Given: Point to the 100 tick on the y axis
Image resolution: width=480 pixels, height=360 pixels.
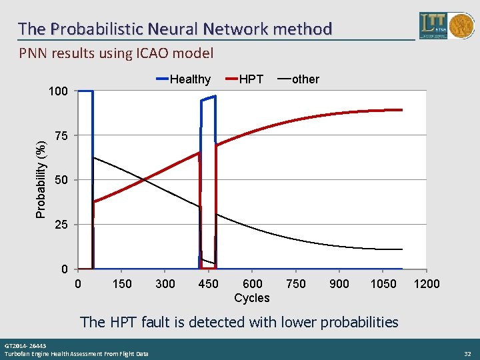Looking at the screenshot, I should (x=59, y=91).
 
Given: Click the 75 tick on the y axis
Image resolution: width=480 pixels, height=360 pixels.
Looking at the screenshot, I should (x=61, y=136).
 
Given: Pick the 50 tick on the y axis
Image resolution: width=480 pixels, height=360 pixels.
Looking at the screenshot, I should (x=61, y=181).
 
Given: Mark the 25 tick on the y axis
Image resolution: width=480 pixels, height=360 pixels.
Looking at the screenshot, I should (x=61, y=225).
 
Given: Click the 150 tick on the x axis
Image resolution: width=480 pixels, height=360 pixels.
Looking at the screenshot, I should (x=121, y=284).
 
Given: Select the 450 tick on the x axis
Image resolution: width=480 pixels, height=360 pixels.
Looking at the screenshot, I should (x=209, y=284).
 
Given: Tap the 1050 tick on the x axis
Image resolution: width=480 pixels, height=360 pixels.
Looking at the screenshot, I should (x=383, y=284).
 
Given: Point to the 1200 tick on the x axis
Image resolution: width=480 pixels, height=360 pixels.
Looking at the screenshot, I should (x=427, y=284).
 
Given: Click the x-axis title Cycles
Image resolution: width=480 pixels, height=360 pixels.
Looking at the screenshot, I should (x=252, y=298).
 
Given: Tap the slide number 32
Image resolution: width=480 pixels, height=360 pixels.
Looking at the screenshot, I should (x=467, y=353).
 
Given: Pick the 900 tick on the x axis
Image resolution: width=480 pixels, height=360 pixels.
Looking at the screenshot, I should (x=339, y=284).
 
